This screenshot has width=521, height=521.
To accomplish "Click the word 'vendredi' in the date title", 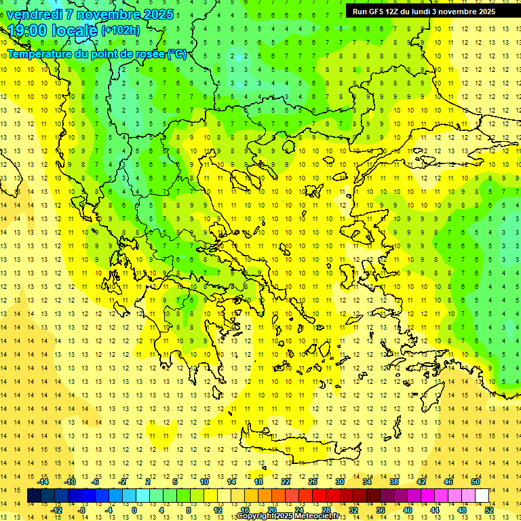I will click(34, 14).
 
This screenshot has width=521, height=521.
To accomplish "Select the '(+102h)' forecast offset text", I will click(121, 30).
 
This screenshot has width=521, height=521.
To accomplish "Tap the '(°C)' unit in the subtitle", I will click(177, 54).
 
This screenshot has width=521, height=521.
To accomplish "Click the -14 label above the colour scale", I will click(43, 481).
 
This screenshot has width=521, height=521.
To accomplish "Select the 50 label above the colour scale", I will click(475, 481).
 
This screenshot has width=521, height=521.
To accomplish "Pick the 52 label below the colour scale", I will click(488, 509).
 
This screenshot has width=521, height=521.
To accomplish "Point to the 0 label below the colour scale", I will click(134, 509).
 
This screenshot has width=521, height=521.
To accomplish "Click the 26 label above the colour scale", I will click(313, 481).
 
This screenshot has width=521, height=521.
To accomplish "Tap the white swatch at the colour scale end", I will click(482, 496).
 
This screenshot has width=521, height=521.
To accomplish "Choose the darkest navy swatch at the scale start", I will click(34, 496).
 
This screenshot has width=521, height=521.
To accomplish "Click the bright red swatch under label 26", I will click(319, 496).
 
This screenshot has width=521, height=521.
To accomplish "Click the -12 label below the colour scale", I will click(57, 509).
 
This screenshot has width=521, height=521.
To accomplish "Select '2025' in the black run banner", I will click(484, 12).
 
